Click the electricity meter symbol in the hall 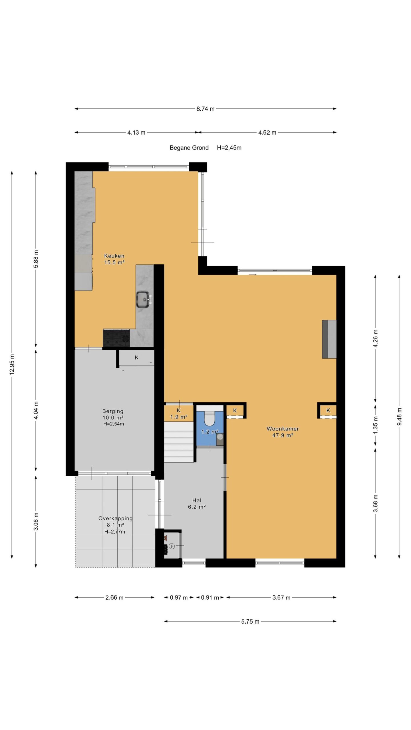click(172, 546)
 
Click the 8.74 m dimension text click(205, 109)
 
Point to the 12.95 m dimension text click(12, 364)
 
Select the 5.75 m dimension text click(250, 621)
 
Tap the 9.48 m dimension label click(399, 417)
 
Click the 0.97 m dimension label click(179, 597)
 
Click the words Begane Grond click(189, 148)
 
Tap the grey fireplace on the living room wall click(329, 339)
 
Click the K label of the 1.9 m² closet click(179, 410)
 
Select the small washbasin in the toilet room click(220, 439)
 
